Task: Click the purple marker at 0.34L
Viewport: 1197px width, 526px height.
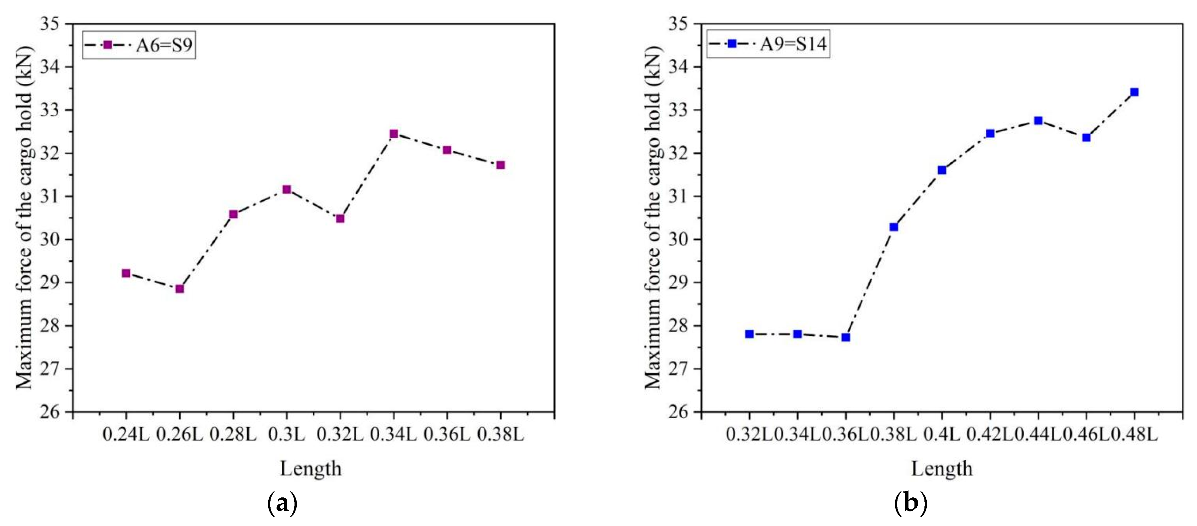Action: point(394,134)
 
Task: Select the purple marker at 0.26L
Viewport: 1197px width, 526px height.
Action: point(180,289)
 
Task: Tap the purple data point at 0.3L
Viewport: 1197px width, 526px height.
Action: point(287,189)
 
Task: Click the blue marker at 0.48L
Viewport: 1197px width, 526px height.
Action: point(1134,92)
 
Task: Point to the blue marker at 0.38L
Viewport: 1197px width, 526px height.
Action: point(894,227)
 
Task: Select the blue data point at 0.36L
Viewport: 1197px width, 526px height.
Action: point(846,337)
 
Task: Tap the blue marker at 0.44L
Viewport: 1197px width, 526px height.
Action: point(1038,121)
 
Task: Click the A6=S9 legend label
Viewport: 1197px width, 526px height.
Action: point(164,45)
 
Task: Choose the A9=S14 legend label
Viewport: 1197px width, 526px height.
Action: point(793,44)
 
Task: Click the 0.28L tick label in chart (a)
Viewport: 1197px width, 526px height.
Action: point(233,435)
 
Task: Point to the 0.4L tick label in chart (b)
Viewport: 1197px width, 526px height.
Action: point(941,435)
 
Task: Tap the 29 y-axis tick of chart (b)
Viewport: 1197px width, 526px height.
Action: point(680,283)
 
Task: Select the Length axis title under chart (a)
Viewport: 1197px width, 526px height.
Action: point(310,468)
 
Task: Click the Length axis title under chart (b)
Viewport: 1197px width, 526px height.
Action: point(941,468)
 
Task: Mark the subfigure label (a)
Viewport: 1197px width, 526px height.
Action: point(283,503)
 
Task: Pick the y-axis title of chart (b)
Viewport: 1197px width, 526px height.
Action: point(653,217)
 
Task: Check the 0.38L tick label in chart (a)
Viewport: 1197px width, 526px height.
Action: point(501,435)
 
